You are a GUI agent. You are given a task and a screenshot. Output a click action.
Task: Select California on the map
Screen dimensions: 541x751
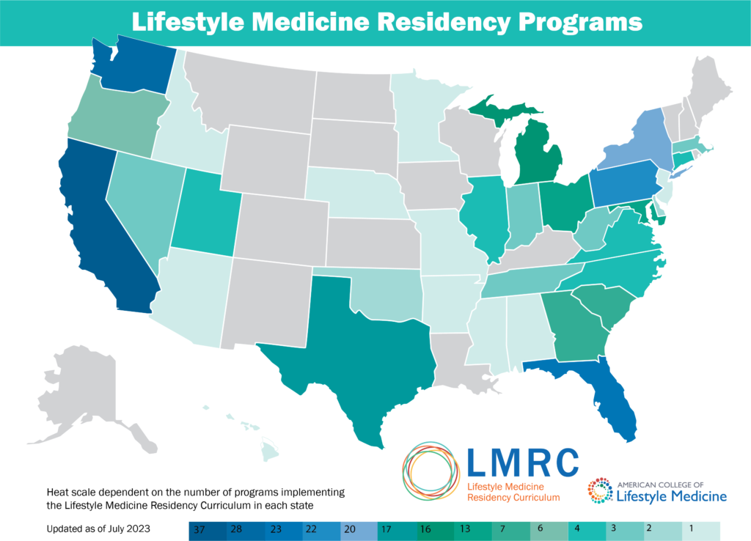(x=103, y=220)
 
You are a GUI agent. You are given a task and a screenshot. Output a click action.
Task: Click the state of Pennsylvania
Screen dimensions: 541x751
(x=623, y=183)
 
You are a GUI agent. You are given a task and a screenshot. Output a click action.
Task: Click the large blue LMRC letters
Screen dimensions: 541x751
(x=522, y=463)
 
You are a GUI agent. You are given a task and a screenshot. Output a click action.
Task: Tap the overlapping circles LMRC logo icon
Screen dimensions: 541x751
(x=431, y=473)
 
